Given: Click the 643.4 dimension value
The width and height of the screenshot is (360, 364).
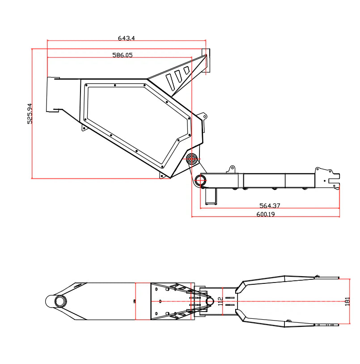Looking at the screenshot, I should (126, 39).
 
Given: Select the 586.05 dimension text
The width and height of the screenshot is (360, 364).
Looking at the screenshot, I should (122, 55).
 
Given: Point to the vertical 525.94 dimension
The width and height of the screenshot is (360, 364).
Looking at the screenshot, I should (30, 113).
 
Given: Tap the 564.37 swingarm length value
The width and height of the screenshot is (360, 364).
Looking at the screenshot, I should (270, 206).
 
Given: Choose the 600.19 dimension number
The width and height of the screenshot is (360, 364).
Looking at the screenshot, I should (265, 214).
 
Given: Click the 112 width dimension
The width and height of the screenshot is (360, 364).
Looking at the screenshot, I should (220, 301).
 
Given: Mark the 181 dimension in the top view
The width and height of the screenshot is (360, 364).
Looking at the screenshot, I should (347, 301).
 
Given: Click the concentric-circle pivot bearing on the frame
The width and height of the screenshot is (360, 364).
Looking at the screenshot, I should (193, 158).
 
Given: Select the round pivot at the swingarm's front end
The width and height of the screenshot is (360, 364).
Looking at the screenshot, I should (200, 180).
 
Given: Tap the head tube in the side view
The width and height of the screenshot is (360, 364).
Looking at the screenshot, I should (54, 94).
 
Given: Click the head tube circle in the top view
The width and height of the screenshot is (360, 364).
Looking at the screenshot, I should (59, 301).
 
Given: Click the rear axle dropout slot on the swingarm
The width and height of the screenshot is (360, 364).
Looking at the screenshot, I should (333, 182).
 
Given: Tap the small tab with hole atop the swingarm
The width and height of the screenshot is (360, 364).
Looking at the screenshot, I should (231, 169).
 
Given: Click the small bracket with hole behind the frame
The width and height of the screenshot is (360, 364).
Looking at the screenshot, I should (204, 117).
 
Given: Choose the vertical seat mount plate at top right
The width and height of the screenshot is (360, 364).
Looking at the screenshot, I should (207, 60).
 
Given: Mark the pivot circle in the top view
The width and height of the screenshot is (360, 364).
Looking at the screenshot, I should (209, 302).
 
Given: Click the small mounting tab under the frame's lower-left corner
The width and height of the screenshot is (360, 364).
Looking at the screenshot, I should (84, 128).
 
